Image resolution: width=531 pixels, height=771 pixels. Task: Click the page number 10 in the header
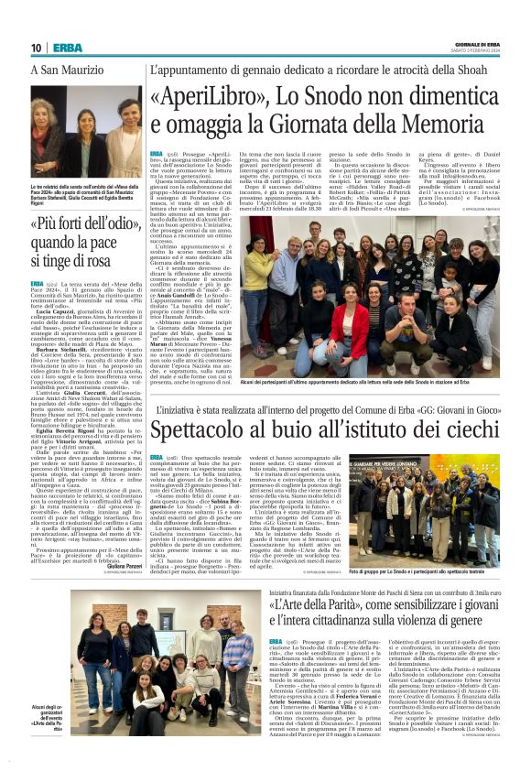pos(36,48)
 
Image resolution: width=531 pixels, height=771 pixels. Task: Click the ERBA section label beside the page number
pos(67,48)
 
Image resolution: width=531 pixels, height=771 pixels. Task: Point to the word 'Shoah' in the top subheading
pos(482,71)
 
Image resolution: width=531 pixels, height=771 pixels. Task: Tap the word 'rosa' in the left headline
pos(122,263)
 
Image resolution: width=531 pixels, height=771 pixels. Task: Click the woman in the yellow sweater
pos(260,270)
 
